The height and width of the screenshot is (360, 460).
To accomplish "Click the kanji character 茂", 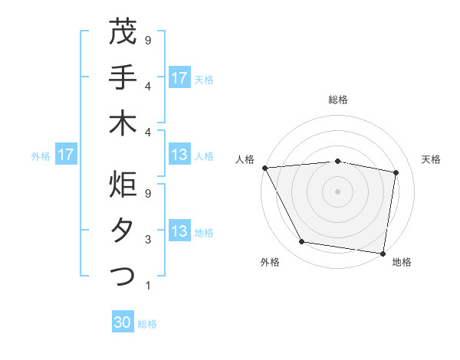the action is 123,31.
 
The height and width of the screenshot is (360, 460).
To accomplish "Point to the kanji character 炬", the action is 123,185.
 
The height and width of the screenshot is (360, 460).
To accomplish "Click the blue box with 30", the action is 123,322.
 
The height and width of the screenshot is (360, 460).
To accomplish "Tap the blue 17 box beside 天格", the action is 179,77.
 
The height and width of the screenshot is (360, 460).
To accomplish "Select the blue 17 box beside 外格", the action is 66,155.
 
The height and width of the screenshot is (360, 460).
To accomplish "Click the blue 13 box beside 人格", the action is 179,155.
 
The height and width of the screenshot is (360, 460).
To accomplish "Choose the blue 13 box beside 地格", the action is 179,231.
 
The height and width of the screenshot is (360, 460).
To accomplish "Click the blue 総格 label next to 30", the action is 148,324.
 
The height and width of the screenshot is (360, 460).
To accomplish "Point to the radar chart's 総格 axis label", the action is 338,100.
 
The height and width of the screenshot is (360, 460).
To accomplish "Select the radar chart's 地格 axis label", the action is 402,262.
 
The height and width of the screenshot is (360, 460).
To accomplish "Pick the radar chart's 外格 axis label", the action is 270,262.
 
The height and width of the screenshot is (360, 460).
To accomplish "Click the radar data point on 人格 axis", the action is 264,168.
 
